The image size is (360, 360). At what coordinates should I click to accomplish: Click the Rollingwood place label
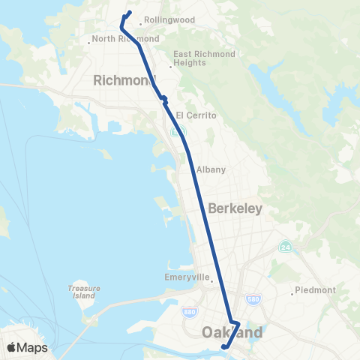click(x=170, y=19)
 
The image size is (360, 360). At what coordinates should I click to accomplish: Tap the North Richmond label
click(x=126, y=38)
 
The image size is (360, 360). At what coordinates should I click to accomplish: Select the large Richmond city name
click(x=124, y=80)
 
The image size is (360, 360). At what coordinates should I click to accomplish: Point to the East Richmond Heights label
click(x=205, y=58)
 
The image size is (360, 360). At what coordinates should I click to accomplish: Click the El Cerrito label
click(x=196, y=115)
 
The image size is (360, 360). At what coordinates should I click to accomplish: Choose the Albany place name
click(x=211, y=169)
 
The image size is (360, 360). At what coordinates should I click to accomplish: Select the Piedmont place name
click(x=316, y=290)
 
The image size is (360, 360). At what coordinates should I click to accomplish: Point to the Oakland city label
click(x=232, y=331)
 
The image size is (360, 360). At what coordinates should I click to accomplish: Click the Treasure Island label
click(x=82, y=292)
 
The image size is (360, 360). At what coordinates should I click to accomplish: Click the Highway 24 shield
click(x=285, y=246)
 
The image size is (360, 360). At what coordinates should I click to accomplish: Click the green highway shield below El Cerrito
click(x=174, y=132)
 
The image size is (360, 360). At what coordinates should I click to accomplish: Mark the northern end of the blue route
click(x=130, y=12)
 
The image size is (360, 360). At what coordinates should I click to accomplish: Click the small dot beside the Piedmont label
click(x=293, y=291)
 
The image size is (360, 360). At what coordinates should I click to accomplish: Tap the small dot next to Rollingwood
click(x=140, y=25)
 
